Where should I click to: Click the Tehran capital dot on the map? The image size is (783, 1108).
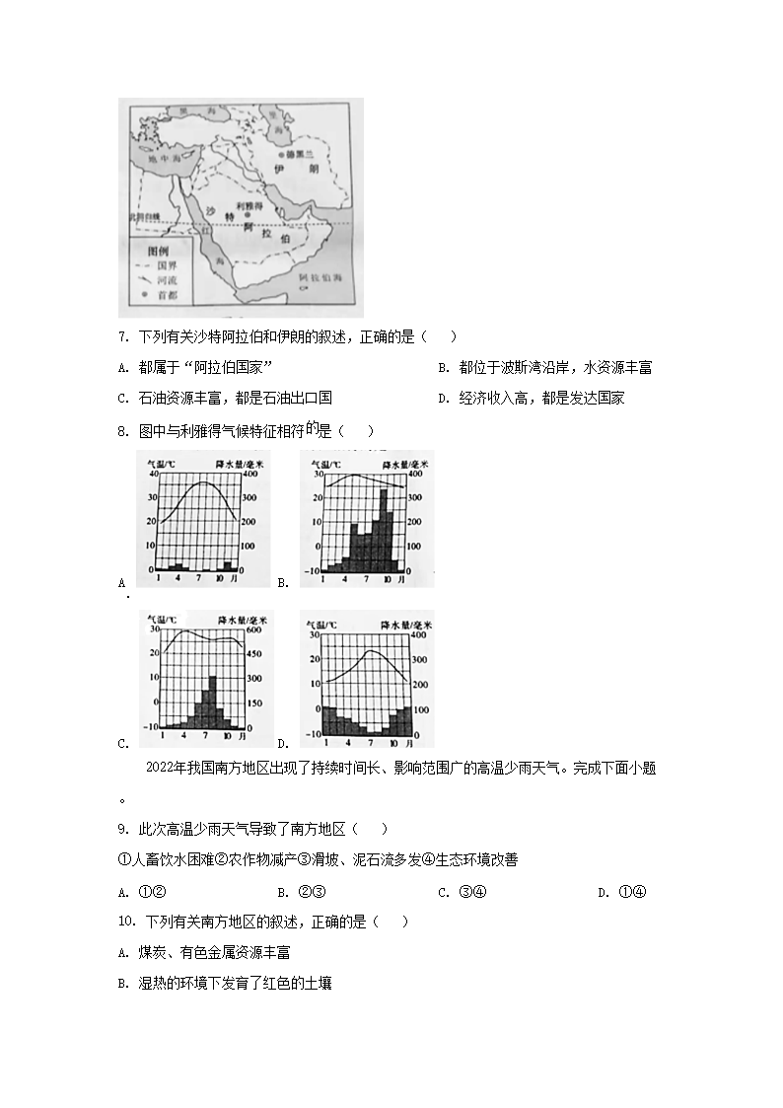coord(281,156)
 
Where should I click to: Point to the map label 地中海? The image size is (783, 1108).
coord(159,158)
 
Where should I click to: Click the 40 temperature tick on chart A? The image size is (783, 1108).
coord(150,474)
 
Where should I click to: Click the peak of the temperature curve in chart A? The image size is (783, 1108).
coord(204,482)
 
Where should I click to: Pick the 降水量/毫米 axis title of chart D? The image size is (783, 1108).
coord(405,626)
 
